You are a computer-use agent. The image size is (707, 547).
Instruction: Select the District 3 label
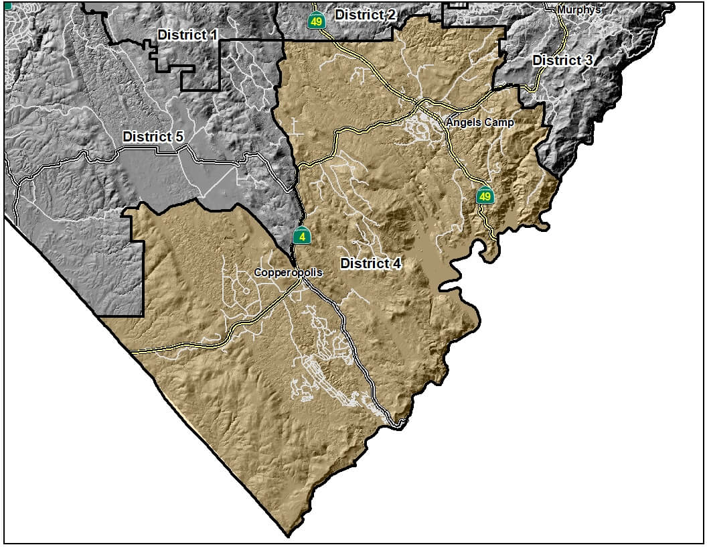(562, 60)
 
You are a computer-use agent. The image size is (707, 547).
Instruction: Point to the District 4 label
(371, 263)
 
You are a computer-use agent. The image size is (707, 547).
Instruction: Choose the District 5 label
(153, 137)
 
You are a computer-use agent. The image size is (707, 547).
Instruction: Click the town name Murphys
(578, 10)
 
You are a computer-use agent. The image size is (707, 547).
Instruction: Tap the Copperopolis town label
(288, 273)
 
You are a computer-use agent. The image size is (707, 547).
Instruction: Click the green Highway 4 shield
(303, 236)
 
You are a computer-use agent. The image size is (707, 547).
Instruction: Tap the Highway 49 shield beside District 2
(316, 20)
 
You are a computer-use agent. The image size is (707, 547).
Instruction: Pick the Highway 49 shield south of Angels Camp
(485, 196)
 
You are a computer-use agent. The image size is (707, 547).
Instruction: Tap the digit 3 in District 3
(588, 60)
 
